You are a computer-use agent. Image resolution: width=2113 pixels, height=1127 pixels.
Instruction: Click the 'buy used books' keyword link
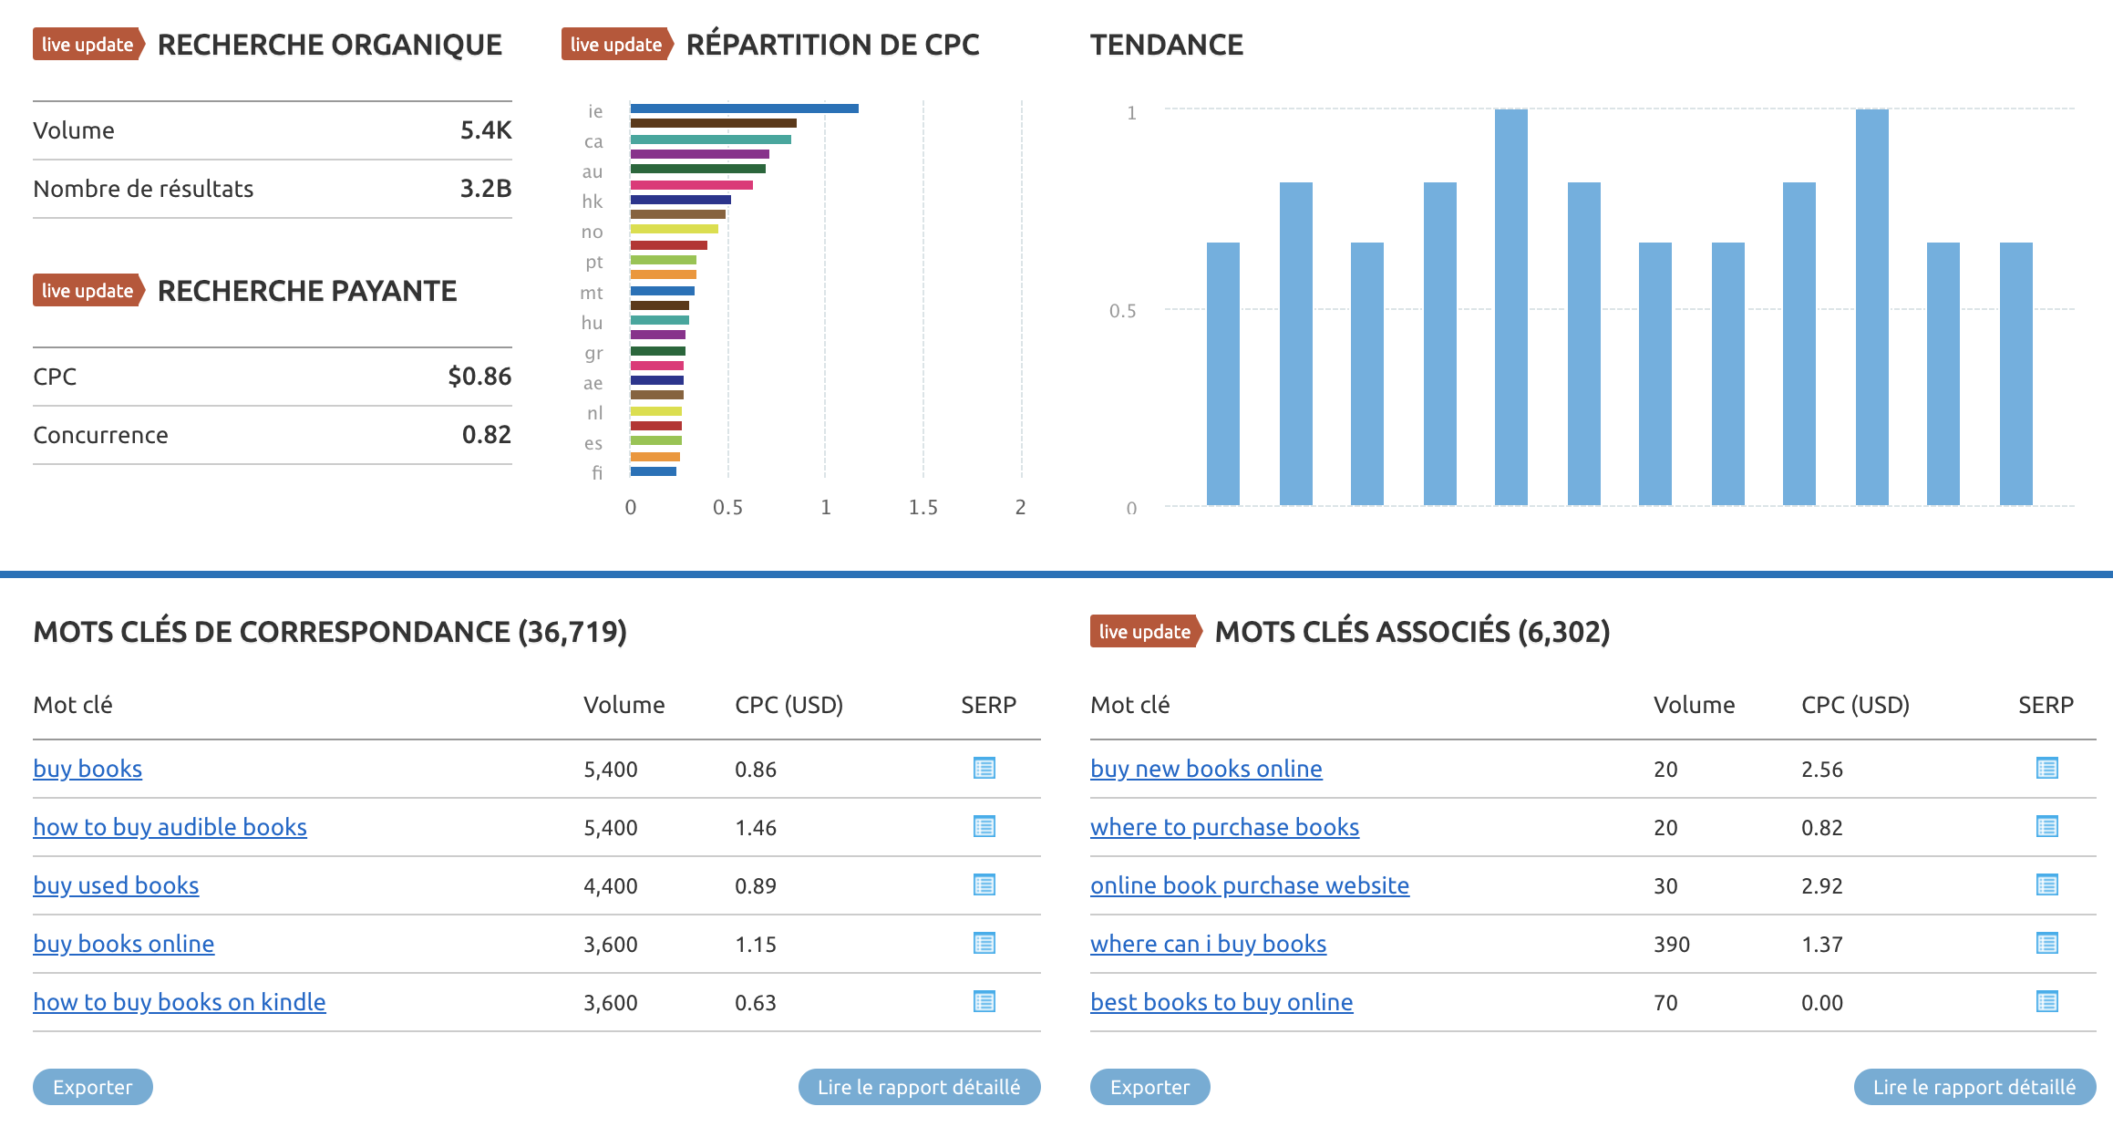tap(116, 885)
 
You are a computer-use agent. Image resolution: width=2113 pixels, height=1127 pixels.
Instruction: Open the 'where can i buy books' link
tap(1208, 944)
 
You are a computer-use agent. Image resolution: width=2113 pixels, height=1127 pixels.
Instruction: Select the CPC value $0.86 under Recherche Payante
tap(479, 377)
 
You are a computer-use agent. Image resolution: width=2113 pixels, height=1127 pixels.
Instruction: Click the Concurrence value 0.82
tap(486, 435)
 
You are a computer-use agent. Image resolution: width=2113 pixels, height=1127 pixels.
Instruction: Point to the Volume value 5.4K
tap(485, 130)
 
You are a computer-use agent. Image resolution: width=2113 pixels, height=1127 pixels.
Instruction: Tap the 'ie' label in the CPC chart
tap(595, 111)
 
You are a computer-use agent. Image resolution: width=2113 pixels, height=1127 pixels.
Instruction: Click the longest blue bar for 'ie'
tap(744, 109)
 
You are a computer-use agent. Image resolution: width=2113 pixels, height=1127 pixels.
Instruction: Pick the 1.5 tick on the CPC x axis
tap(923, 507)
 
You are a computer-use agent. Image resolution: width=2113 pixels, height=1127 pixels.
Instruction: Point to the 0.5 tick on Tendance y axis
tap(1122, 311)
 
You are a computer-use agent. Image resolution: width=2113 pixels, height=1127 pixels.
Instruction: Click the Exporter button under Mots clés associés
tap(1149, 1087)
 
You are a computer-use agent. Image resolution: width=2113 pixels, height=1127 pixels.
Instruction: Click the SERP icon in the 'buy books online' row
tap(984, 944)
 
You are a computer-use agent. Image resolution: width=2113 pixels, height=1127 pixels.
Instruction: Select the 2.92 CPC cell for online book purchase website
tap(1821, 885)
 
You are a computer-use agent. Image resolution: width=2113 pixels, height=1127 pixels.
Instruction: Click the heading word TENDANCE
tap(1166, 45)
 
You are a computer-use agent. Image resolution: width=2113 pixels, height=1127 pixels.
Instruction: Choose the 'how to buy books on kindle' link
tap(180, 1002)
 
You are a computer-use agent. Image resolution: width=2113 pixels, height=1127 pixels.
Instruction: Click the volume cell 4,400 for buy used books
tap(610, 885)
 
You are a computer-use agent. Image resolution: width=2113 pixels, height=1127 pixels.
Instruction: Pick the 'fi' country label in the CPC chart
tap(597, 472)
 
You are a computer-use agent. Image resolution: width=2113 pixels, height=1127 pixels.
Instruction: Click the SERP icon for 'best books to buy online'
tap(2046, 1002)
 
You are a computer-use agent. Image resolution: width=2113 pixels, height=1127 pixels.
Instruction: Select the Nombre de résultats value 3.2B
tap(485, 189)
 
